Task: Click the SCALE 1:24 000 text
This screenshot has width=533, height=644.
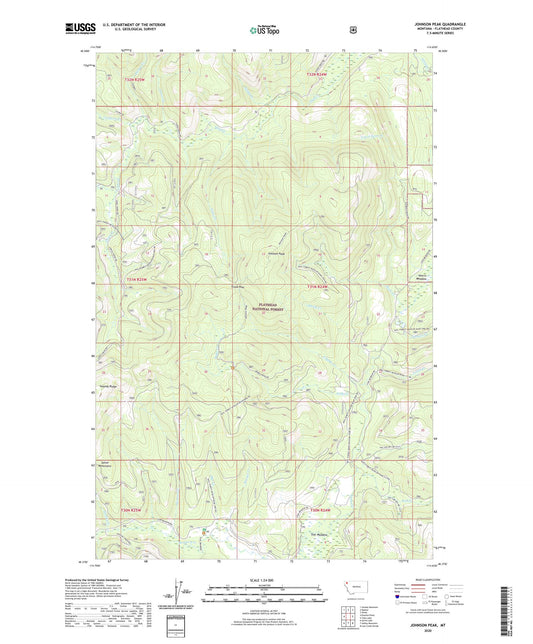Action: pos(265,580)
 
